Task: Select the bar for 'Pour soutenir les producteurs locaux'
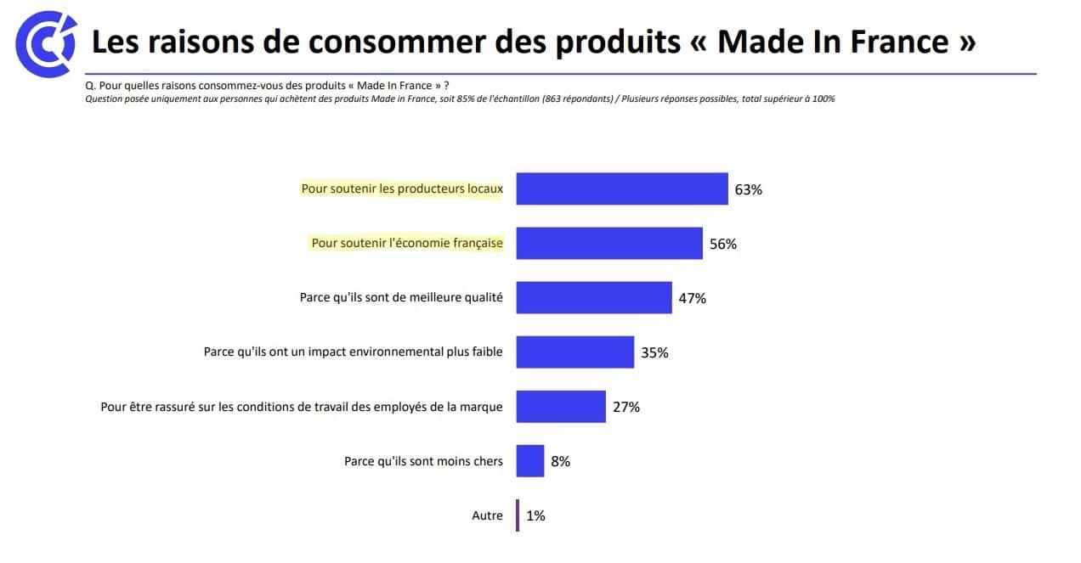[x=621, y=189]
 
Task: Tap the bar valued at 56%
[x=608, y=243]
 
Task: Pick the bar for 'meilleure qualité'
[x=593, y=297]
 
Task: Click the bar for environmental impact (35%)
[x=574, y=352]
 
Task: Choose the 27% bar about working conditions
[x=560, y=406]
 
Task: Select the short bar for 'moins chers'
[x=529, y=461]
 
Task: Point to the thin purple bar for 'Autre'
[x=518, y=515]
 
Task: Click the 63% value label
[x=748, y=189]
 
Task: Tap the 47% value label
[x=692, y=298]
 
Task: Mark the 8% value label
[x=560, y=461]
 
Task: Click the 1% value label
[x=535, y=515]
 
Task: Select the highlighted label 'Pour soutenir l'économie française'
[x=406, y=243]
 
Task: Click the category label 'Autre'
[x=487, y=515]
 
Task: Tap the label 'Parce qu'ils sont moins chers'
[x=423, y=461]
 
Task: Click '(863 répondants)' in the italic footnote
[x=576, y=99]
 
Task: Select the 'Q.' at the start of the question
[x=90, y=86]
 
